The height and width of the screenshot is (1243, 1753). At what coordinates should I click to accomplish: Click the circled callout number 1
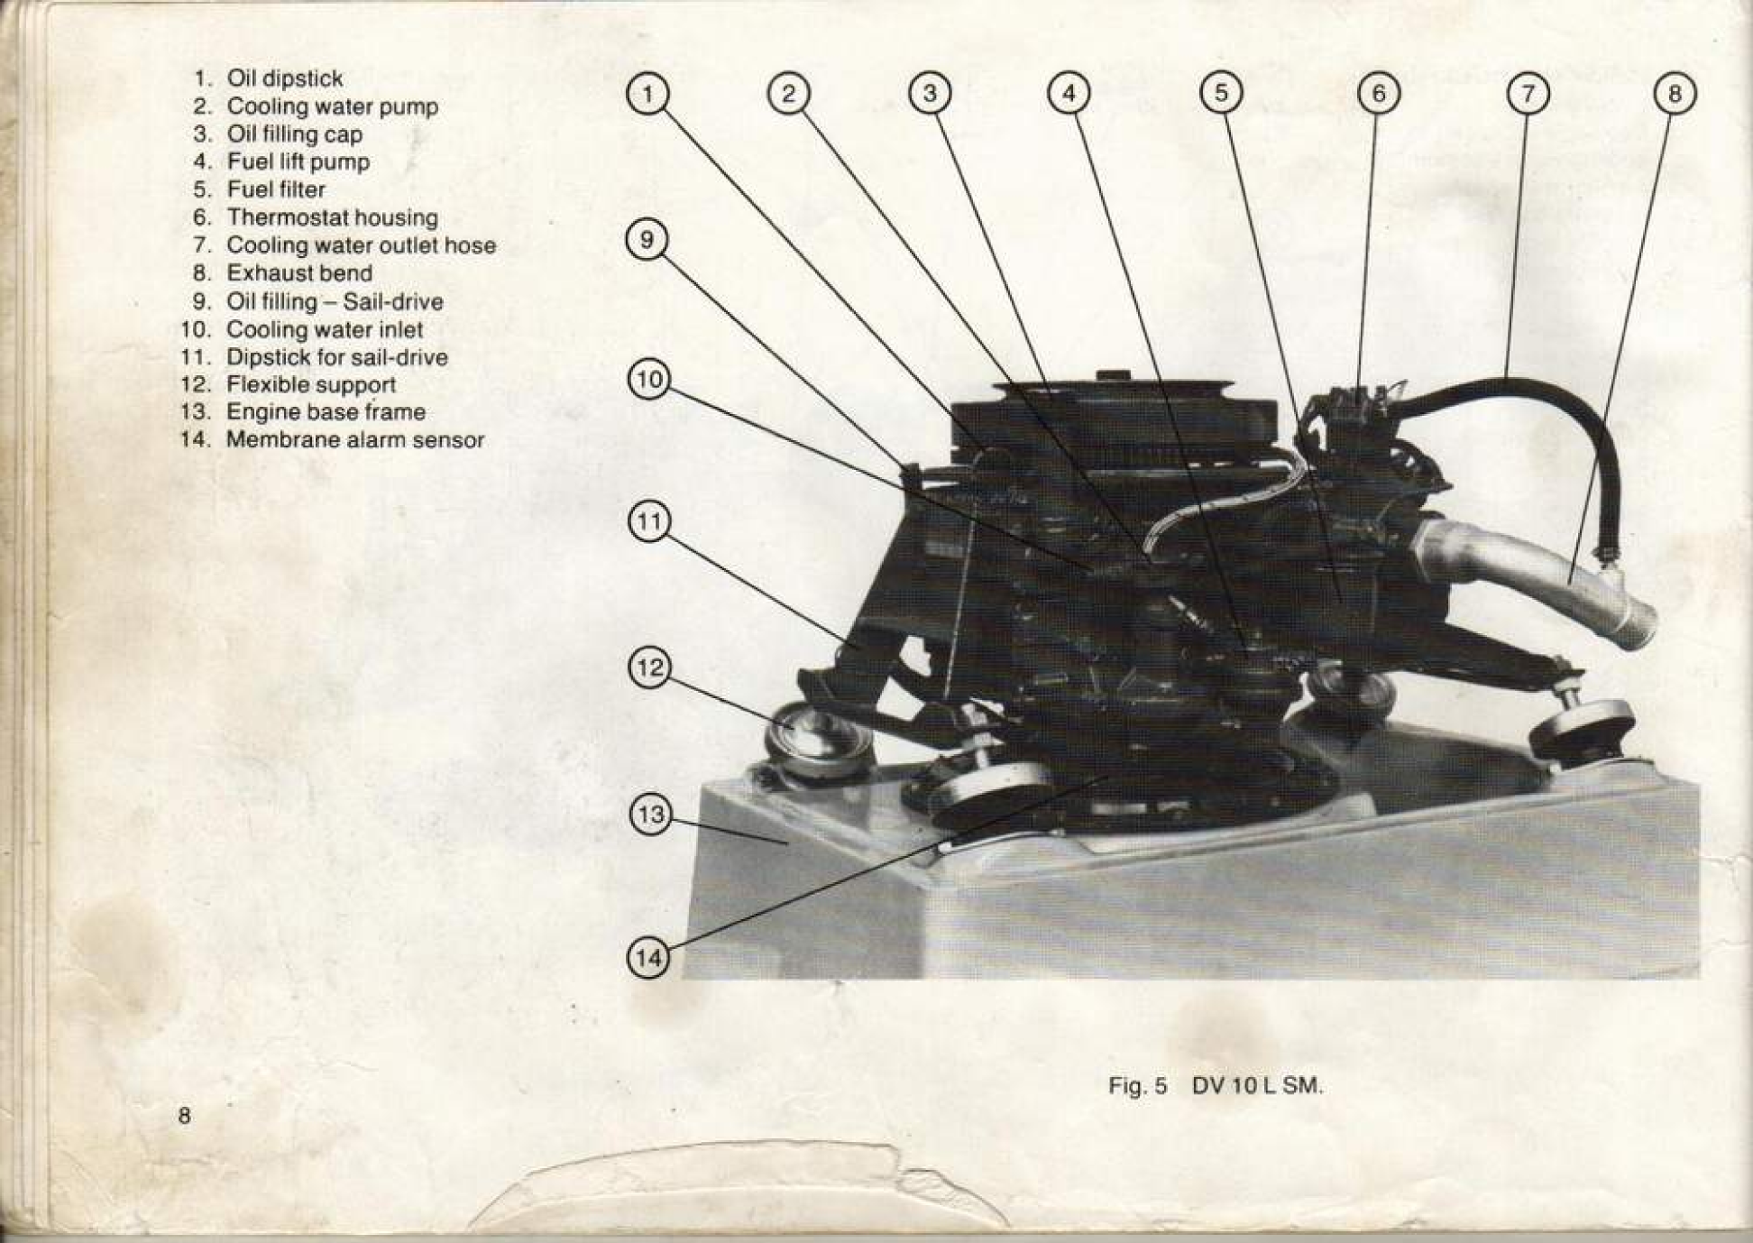click(647, 94)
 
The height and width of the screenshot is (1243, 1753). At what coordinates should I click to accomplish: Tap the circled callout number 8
click(1675, 94)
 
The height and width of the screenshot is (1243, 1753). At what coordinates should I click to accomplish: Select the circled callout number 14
click(648, 958)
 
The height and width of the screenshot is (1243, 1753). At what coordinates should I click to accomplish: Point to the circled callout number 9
click(647, 240)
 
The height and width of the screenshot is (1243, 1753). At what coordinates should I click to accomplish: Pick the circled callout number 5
click(1221, 93)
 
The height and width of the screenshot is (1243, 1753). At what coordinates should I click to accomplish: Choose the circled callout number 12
click(649, 668)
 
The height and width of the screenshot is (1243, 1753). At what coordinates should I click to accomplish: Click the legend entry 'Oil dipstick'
click(285, 79)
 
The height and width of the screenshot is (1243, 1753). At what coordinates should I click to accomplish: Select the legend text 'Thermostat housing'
click(332, 217)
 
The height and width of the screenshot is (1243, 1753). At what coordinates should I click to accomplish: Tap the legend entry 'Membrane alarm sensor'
click(355, 439)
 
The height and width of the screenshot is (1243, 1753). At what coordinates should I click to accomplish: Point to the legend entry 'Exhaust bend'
click(299, 272)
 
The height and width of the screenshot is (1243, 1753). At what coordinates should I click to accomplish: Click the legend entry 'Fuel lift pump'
click(298, 162)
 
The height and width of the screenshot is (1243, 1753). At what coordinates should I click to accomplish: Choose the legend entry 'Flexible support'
click(311, 384)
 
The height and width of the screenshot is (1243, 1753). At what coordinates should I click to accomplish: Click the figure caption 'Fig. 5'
click(1137, 1085)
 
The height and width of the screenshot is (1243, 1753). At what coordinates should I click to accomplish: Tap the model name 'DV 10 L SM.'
click(1257, 1085)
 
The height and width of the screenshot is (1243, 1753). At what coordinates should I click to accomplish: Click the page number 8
click(184, 1116)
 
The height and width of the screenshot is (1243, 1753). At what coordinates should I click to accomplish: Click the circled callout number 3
click(930, 93)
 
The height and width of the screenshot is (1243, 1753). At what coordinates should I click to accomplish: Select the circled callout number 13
click(649, 815)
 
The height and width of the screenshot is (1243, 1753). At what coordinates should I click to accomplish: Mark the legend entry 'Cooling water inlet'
click(325, 329)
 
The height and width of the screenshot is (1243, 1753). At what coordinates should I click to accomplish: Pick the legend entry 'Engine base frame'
click(326, 411)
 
